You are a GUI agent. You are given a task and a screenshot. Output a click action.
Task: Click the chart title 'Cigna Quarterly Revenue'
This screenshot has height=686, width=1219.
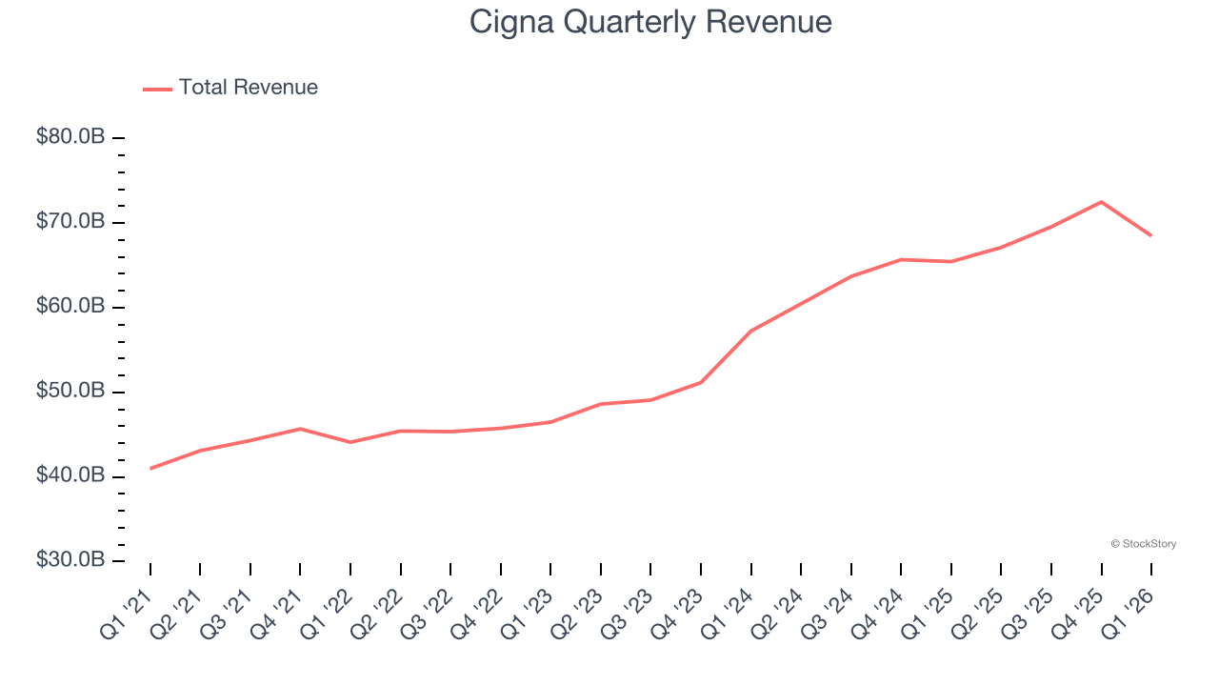(x=650, y=22)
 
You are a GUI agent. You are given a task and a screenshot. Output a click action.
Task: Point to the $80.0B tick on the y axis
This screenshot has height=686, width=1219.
(x=70, y=137)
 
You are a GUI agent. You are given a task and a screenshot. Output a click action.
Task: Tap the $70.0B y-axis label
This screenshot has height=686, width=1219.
(x=70, y=222)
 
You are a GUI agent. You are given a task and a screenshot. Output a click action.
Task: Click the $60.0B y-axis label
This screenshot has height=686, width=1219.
(x=70, y=307)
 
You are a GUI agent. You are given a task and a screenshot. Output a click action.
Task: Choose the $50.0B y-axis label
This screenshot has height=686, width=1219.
(x=70, y=392)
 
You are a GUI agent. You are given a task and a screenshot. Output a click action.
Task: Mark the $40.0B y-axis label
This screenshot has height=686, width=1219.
(x=70, y=475)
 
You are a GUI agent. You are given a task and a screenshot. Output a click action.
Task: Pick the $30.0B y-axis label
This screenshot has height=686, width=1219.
(x=70, y=560)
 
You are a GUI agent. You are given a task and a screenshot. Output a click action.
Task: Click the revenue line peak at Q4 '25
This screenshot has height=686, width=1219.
(x=1101, y=202)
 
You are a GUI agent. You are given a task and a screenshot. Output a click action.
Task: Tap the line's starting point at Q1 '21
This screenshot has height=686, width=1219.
(x=150, y=469)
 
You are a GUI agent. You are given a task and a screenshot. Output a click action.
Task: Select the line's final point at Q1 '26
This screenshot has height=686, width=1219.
(x=1150, y=235)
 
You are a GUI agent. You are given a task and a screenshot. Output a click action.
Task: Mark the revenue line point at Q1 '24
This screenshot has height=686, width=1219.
(x=751, y=331)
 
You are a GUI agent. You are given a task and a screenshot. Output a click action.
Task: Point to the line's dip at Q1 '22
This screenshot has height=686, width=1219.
(x=350, y=442)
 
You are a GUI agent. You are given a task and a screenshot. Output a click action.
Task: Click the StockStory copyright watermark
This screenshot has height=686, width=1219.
(x=1143, y=544)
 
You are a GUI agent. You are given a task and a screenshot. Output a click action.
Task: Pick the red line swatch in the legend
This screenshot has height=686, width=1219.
(x=157, y=89)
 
